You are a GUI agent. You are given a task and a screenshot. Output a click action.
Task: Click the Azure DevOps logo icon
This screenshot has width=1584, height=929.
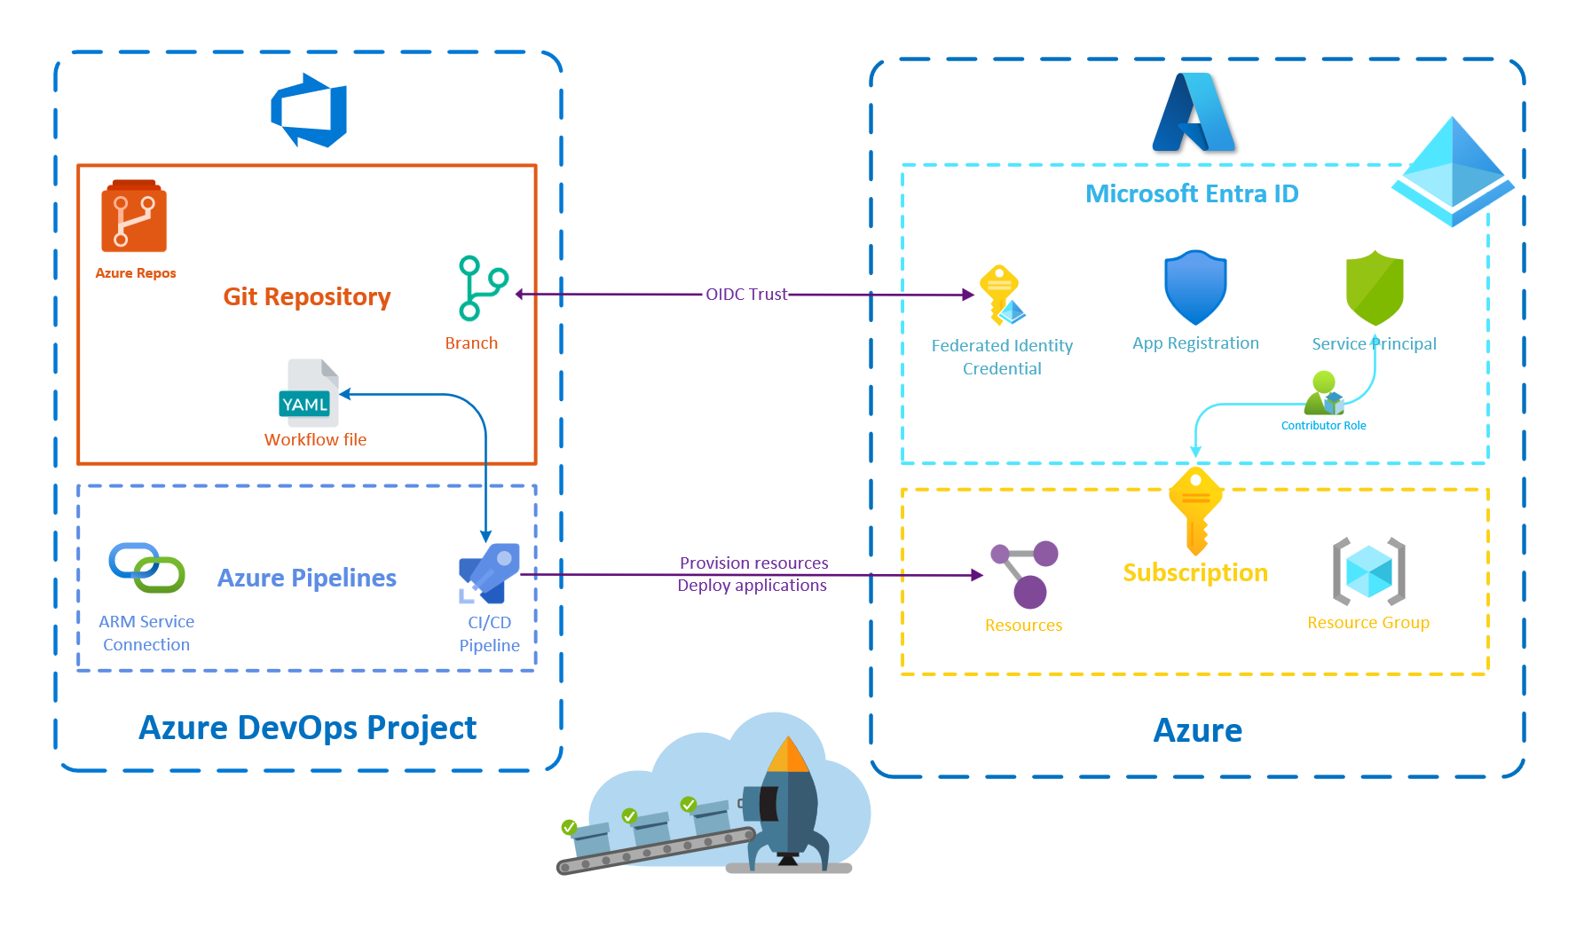pyautogui.click(x=309, y=111)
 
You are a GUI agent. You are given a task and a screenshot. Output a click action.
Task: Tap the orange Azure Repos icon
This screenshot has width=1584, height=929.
pyautogui.click(x=134, y=217)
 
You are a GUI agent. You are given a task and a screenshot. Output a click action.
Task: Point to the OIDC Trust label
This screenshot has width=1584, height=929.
pyautogui.click(x=745, y=295)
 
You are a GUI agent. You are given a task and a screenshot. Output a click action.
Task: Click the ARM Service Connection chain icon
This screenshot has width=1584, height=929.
pyautogui.click(x=146, y=568)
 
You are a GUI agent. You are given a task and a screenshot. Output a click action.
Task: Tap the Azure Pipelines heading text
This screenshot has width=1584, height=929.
pyautogui.click(x=306, y=578)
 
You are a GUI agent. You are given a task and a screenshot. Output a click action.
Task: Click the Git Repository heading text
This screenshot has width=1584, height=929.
pyautogui.click(x=306, y=296)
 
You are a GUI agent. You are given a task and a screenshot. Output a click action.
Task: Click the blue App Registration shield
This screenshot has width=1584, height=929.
pyautogui.click(x=1195, y=287)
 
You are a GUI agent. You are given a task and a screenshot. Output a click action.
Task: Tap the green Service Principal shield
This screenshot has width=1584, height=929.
pyautogui.click(x=1374, y=287)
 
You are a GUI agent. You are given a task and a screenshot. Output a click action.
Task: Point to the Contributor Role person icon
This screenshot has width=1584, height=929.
pyautogui.click(x=1323, y=394)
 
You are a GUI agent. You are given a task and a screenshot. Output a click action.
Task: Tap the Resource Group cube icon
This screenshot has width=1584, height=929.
pyautogui.click(x=1368, y=571)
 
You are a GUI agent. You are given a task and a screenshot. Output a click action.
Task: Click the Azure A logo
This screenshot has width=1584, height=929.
pyautogui.click(x=1194, y=113)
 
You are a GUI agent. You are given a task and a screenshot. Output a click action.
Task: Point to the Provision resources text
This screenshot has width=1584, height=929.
pyautogui.click(x=753, y=563)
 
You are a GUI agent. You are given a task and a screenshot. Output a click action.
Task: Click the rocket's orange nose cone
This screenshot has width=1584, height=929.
pyautogui.click(x=787, y=755)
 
